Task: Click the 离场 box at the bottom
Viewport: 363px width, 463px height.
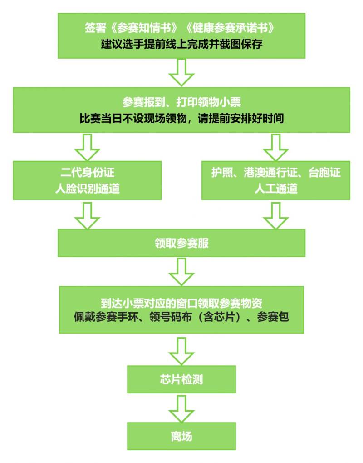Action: pos(181,436)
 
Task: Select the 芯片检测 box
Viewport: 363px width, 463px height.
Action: pos(181,379)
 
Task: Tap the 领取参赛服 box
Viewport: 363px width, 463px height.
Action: pos(181,243)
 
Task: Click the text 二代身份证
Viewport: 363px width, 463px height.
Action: pos(87,174)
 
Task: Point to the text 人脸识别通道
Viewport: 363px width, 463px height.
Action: pos(87,188)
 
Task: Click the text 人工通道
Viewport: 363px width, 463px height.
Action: pos(275,188)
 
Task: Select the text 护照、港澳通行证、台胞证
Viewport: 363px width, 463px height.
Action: pos(275,174)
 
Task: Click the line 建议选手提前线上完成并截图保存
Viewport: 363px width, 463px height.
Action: pos(181,45)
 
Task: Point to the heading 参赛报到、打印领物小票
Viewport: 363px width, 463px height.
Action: pos(181,102)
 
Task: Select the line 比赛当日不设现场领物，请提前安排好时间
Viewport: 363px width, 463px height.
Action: pos(181,119)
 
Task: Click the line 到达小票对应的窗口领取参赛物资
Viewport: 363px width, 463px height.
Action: pos(181,303)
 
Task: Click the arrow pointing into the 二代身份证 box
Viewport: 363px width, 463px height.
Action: pos(87,146)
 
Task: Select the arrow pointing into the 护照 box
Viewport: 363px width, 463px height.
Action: pos(275,146)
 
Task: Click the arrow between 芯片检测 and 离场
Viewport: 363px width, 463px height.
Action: pos(181,408)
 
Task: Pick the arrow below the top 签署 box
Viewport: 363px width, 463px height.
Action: pos(181,73)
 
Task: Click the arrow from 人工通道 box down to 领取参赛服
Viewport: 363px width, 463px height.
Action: pos(275,214)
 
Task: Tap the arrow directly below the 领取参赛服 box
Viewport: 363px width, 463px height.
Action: pos(181,271)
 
